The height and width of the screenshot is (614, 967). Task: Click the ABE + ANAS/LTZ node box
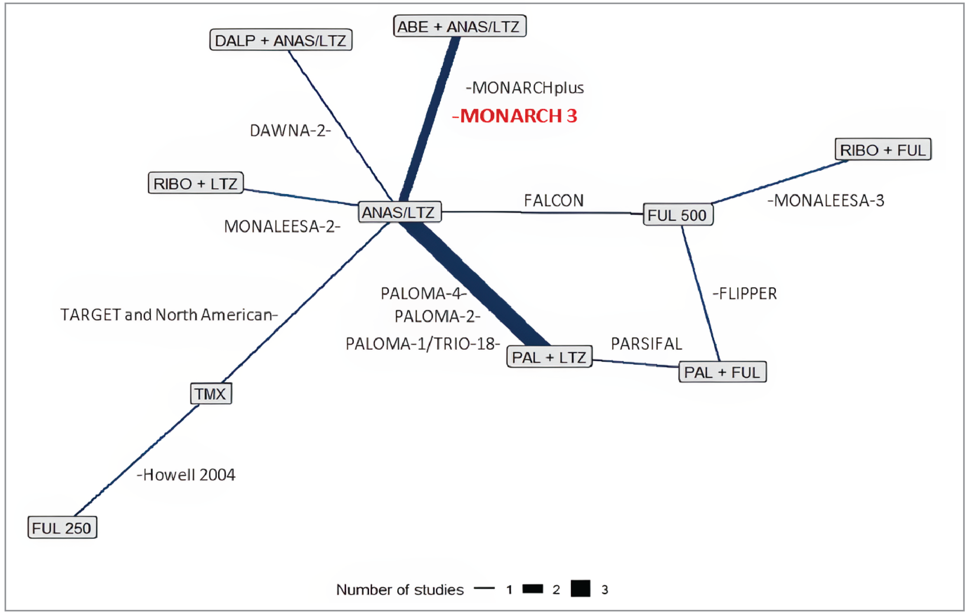[x=459, y=27]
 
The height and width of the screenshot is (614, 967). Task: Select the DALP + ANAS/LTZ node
[x=281, y=40]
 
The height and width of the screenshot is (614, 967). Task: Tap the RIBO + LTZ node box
[x=196, y=183]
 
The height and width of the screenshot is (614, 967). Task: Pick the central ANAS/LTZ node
[x=399, y=212]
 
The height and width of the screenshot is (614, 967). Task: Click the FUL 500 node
[x=678, y=215]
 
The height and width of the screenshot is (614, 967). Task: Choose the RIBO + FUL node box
[x=883, y=150]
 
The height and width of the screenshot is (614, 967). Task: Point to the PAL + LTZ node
[x=549, y=357]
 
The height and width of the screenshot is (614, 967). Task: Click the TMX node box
[x=211, y=394]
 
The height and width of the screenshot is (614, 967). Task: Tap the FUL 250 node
[x=62, y=528]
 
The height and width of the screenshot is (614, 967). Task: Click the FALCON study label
[x=553, y=200]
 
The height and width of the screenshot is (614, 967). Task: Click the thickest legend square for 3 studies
[x=580, y=589]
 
